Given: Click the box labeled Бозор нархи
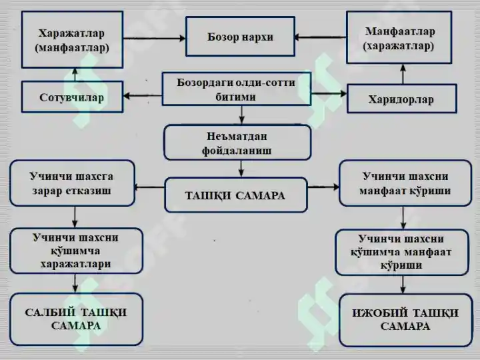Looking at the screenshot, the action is pyautogui.click(x=240, y=37).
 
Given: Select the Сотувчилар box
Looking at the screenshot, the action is pyautogui.click(x=72, y=97).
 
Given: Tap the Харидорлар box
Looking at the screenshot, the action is pyautogui.click(x=402, y=99).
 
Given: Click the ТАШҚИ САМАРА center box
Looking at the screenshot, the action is pyautogui.click(x=236, y=195).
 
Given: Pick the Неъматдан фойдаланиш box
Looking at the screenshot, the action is pyautogui.click(x=237, y=143).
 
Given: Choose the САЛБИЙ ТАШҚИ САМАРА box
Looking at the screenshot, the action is pyautogui.click(x=76, y=319).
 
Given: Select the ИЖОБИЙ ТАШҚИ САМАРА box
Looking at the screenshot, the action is pyautogui.click(x=405, y=320).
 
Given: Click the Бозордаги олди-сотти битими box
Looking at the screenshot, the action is pyautogui.click(x=236, y=89).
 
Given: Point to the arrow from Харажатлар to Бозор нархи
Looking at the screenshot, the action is pyautogui.click(x=154, y=38).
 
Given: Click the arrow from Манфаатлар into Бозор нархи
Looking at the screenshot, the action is pyautogui.click(x=320, y=37).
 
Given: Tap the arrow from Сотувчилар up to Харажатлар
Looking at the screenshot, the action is pyautogui.click(x=75, y=75).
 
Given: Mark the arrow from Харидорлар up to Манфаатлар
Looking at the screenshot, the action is pyautogui.click(x=403, y=74).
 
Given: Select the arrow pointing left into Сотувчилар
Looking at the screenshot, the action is pyautogui.click(x=143, y=96).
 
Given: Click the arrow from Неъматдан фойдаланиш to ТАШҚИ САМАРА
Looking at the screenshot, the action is pyautogui.click(x=241, y=169).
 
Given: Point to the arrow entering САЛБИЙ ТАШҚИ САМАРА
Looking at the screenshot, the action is pyautogui.click(x=75, y=283).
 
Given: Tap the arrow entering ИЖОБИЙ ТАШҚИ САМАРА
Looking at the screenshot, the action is pyautogui.click(x=403, y=285).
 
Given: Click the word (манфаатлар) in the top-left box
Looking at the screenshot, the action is pyautogui.click(x=72, y=48).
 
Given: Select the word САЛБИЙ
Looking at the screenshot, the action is pyautogui.click(x=50, y=313).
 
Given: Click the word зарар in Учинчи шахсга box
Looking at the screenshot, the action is pyautogui.click(x=46, y=191).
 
